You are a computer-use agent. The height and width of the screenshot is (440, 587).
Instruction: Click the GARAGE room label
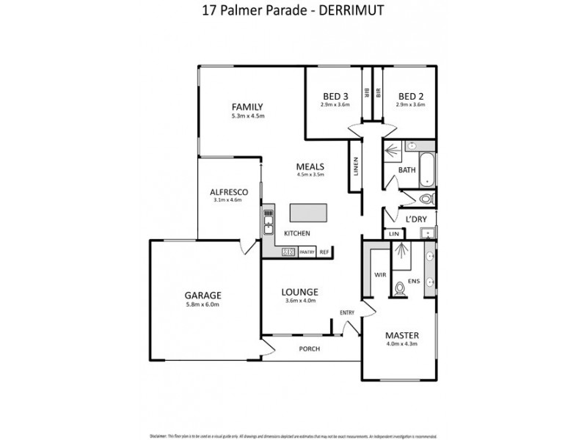[203, 296]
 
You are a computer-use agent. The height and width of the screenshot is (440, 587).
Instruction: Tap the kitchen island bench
[310, 213]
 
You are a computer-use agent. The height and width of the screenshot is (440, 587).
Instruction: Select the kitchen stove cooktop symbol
[288, 252]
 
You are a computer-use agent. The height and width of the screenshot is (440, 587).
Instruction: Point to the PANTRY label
[307, 252]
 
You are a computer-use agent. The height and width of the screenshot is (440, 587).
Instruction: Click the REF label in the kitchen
[324, 252]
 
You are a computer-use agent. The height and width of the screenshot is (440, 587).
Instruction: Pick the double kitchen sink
[269, 219]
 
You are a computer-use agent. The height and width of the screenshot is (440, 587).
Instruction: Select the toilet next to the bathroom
[426, 198]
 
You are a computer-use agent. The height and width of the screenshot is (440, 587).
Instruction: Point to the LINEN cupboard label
[354, 168]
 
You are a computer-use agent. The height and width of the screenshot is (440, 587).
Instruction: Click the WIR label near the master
[380, 276]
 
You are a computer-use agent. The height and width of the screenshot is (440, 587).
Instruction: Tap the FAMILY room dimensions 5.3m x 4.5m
[247, 117]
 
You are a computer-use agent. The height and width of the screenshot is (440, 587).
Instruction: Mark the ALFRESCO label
[229, 192]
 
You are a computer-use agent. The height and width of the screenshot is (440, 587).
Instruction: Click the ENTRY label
[346, 312]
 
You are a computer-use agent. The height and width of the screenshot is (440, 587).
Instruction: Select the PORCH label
[310, 348]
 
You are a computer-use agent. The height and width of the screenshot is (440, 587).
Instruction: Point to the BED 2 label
[411, 96]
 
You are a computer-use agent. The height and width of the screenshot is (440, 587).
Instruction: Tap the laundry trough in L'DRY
[426, 233]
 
